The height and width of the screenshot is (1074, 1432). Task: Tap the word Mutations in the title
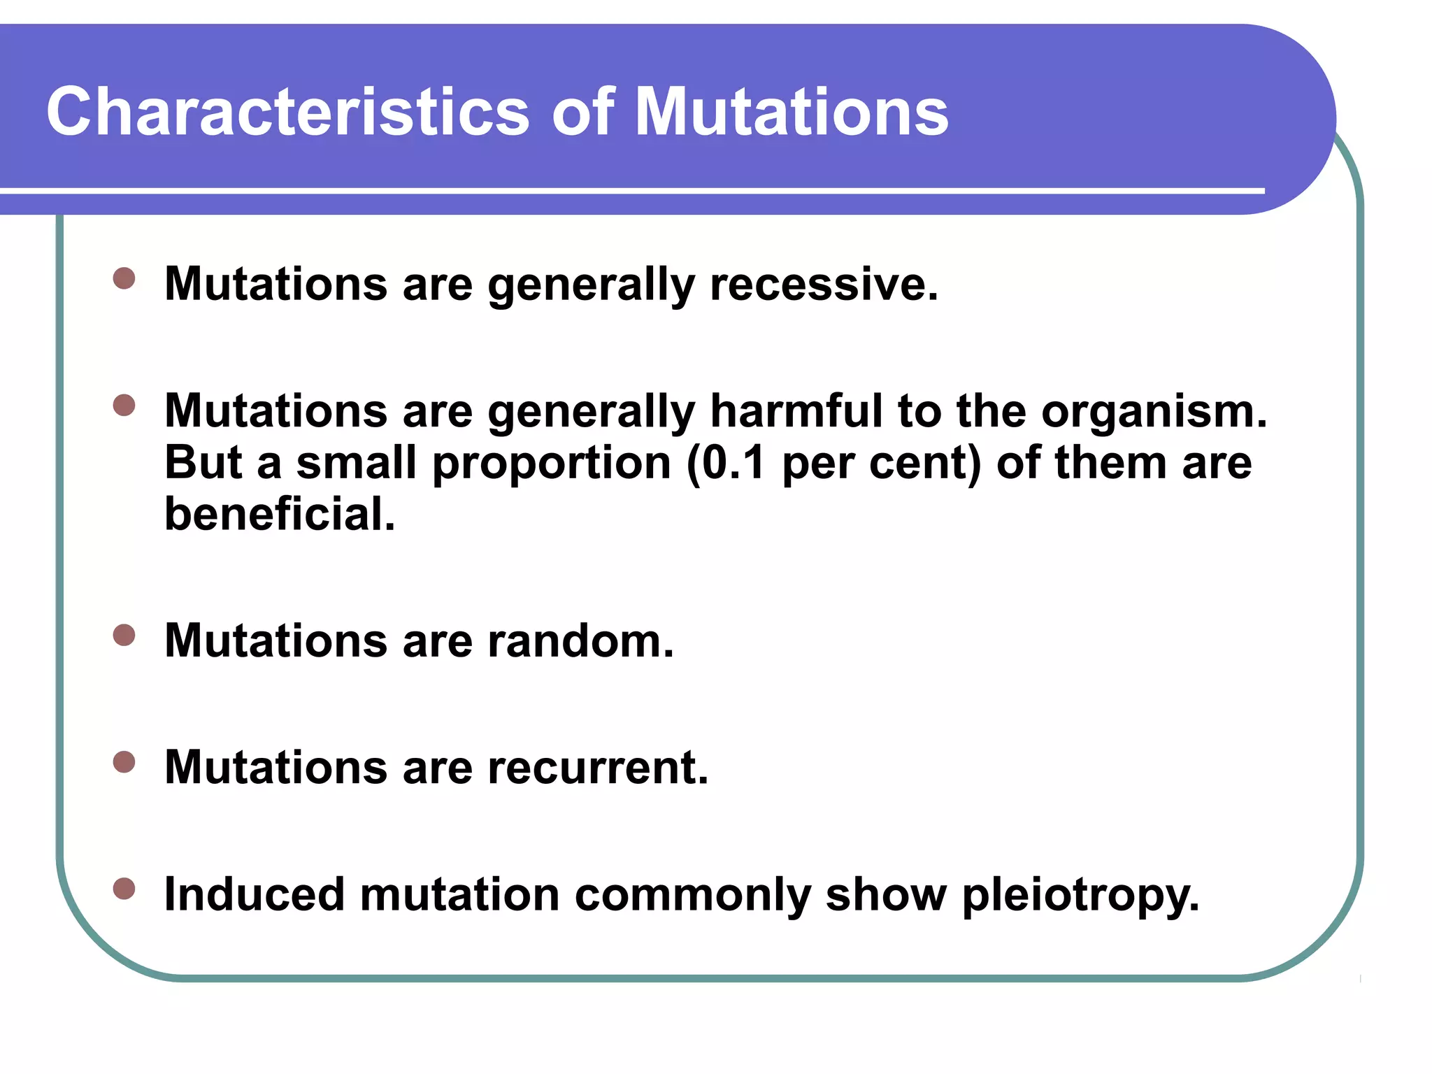(791, 112)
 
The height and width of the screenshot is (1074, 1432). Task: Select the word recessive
(823, 285)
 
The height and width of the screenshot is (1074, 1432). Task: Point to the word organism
(1153, 413)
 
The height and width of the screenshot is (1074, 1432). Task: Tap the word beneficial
(280, 514)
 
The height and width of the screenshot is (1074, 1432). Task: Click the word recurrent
(598, 768)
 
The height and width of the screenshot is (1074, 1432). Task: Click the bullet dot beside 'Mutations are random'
(124, 635)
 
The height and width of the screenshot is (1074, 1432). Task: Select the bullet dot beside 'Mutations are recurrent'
(124, 762)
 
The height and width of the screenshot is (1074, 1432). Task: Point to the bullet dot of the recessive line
(124, 278)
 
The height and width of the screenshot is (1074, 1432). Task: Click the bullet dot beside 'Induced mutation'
(124, 889)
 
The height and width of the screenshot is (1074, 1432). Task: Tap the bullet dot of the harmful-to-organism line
(124, 405)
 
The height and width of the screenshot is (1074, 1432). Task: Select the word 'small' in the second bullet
(356, 463)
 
